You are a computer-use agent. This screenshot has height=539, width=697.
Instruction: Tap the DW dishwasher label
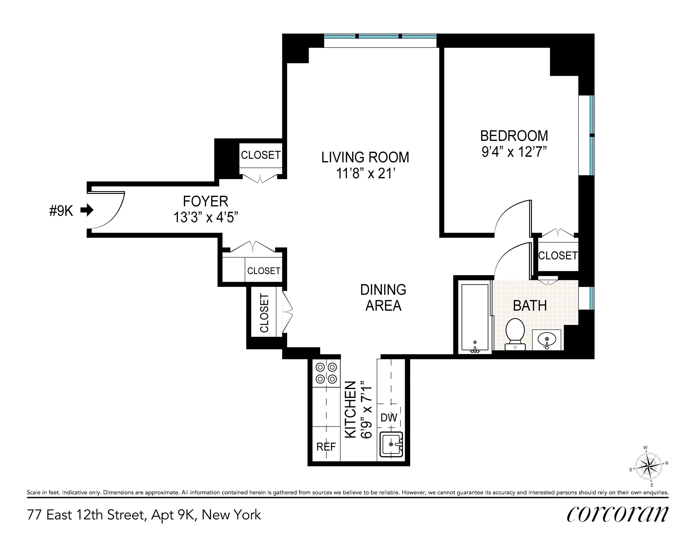point(389,417)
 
